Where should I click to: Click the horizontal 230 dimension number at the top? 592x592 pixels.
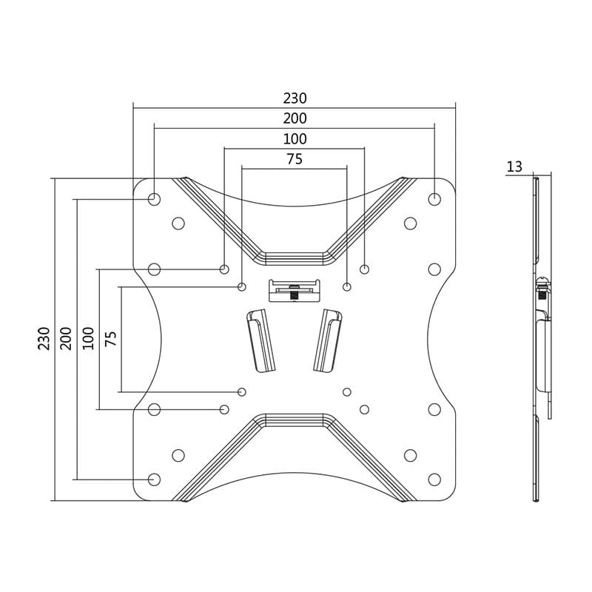pos(295,98)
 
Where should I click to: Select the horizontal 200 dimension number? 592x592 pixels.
pos(295,118)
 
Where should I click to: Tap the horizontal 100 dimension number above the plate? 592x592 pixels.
pos(295,139)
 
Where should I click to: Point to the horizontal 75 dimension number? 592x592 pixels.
pos(295,159)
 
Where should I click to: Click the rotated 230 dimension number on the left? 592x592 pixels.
pos(44,338)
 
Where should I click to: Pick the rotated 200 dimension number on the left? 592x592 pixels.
pos(67,338)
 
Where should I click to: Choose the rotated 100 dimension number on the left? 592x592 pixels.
pos(89,338)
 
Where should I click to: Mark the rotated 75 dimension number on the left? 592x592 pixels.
pos(111,338)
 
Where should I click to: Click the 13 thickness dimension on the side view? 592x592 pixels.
pos(514,167)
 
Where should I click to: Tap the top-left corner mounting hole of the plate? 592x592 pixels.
pos(154,199)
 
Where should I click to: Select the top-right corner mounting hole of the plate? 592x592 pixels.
pos(434,199)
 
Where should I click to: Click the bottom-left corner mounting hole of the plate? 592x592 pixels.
pos(154,480)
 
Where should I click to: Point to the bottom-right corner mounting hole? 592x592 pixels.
pos(434,480)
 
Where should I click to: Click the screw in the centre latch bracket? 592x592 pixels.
pos(295,292)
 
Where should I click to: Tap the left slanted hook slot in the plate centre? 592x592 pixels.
pos(260,340)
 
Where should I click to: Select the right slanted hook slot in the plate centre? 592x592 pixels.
pos(328,340)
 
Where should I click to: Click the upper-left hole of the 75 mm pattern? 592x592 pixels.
pos(242,286)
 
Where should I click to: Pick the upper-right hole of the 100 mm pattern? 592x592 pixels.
pos(364,269)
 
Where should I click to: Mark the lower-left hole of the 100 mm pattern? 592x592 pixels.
pos(224,409)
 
